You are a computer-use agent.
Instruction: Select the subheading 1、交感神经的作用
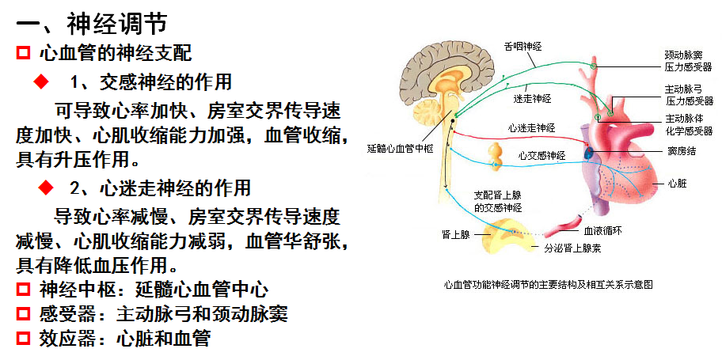[x=150, y=81]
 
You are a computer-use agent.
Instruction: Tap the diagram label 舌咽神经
[x=522, y=47]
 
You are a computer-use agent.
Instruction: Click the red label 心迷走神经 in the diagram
[x=532, y=127]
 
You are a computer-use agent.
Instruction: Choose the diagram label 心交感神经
[x=542, y=155]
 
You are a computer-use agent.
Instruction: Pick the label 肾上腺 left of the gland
[x=455, y=235]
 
